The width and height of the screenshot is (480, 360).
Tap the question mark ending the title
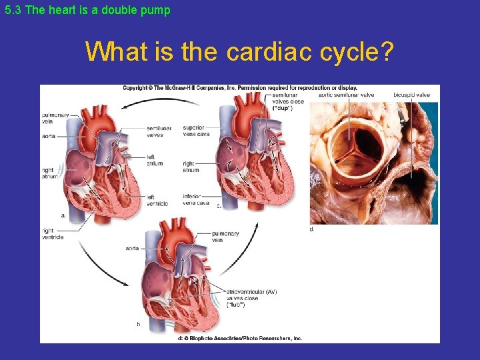(385, 51)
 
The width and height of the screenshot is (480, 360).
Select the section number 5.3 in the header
(11, 10)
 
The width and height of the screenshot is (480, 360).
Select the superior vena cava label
(196, 131)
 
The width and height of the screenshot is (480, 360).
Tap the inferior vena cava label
(196, 199)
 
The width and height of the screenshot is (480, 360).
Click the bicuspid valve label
(412, 95)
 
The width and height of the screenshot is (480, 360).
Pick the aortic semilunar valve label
(346, 95)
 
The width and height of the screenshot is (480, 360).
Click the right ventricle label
(52, 234)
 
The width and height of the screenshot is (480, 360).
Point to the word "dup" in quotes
(283, 108)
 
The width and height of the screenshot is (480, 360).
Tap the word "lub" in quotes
(236, 305)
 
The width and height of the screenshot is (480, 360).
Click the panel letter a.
(63, 215)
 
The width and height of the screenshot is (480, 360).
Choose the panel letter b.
(139, 324)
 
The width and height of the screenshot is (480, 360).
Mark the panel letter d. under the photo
(312, 229)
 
